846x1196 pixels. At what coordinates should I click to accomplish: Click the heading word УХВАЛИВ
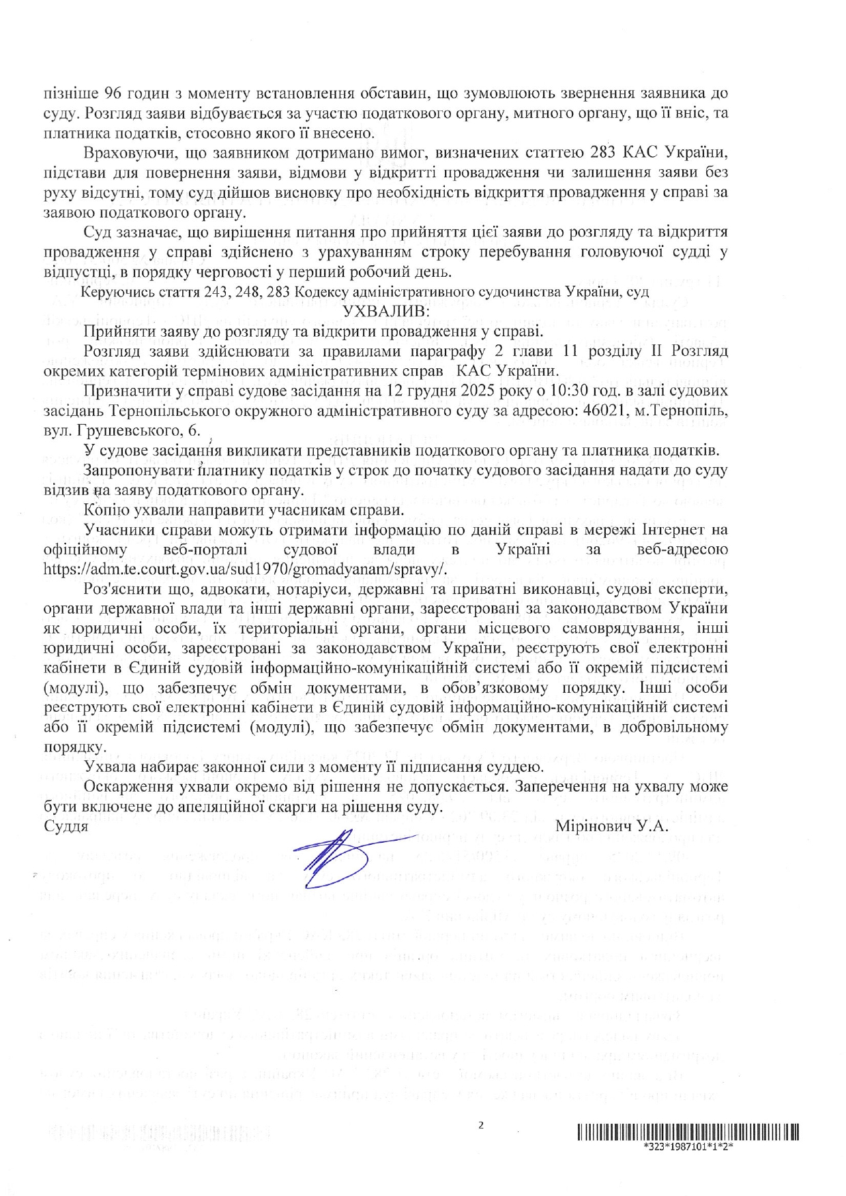coord(385,312)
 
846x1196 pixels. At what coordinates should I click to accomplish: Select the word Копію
coord(105,510)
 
